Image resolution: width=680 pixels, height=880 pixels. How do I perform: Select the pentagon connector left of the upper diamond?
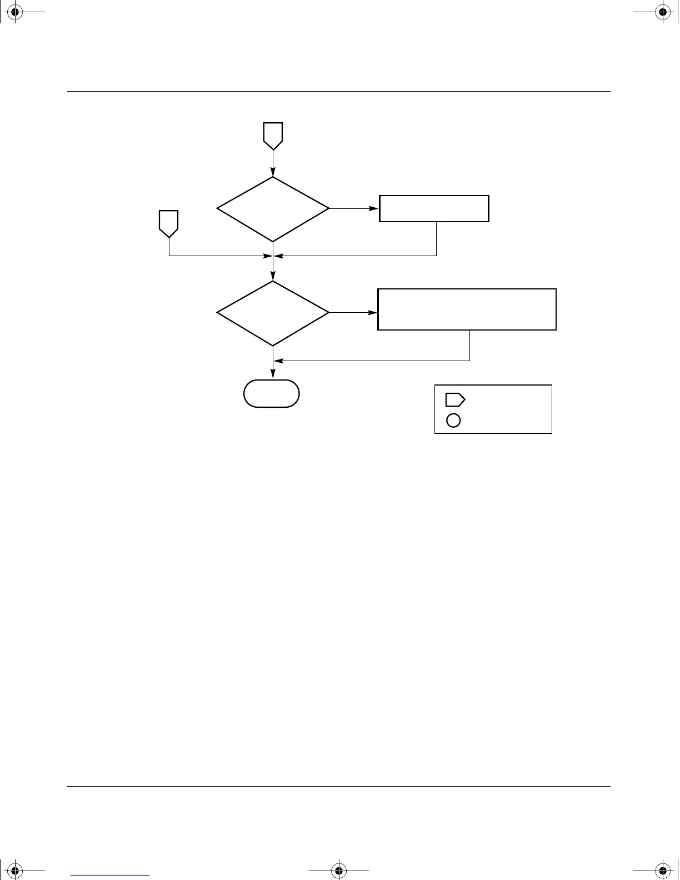[x=169, y=223]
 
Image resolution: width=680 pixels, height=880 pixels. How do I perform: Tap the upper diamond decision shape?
[x=273, y=209]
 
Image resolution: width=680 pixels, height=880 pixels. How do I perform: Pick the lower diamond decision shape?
[x=273, y=313]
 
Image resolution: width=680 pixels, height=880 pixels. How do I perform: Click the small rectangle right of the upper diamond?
[x=434, y=209]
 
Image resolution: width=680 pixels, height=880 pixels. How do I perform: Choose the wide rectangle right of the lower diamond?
[x=467, y=309]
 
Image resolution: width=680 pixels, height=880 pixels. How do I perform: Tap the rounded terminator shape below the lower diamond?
[x=272, y=393]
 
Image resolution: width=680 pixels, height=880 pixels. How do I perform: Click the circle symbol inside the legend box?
[x=453, y=421]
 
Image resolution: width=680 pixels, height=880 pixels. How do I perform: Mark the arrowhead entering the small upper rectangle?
[x=374, y=209]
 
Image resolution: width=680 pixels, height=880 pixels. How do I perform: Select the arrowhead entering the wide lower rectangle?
[x=373, y=313]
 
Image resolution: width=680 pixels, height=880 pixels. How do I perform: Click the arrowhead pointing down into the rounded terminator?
[x=273, y=375]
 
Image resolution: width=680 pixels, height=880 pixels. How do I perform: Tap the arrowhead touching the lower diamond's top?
[x=273, y=277]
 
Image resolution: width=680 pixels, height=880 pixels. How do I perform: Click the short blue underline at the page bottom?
[x=110, y=875]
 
